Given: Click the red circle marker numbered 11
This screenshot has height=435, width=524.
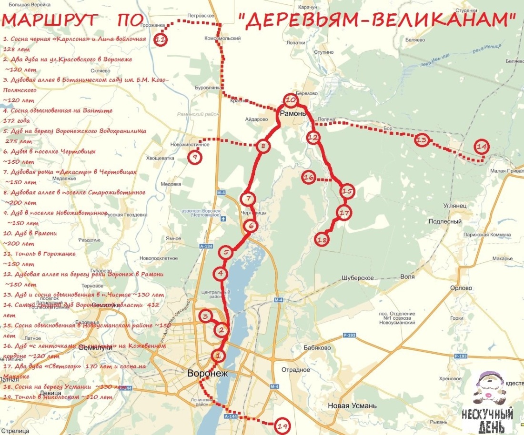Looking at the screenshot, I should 161,40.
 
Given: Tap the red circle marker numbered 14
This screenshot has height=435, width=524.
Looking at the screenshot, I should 482,147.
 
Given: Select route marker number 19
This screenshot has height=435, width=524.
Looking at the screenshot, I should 282,427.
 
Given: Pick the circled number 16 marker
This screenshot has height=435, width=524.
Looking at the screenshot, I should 309,178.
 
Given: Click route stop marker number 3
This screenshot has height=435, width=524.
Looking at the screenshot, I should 205,316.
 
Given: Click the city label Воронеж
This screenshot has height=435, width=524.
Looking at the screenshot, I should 208,374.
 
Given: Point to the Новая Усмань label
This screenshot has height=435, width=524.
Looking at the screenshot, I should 352,406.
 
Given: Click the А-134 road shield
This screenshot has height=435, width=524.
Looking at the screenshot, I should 206,247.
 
